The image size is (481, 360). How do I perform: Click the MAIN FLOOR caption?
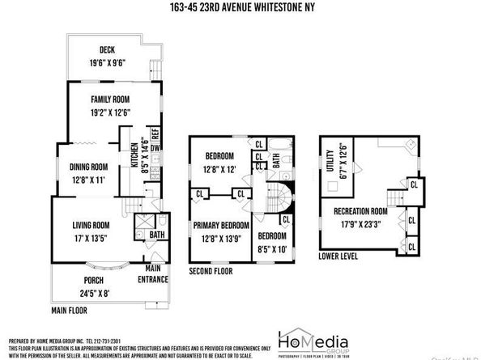click(x=70, y=309)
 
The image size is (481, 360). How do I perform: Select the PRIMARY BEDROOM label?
click(x=220, y=226)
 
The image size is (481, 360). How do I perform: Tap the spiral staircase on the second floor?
click(x=277, y=198)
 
